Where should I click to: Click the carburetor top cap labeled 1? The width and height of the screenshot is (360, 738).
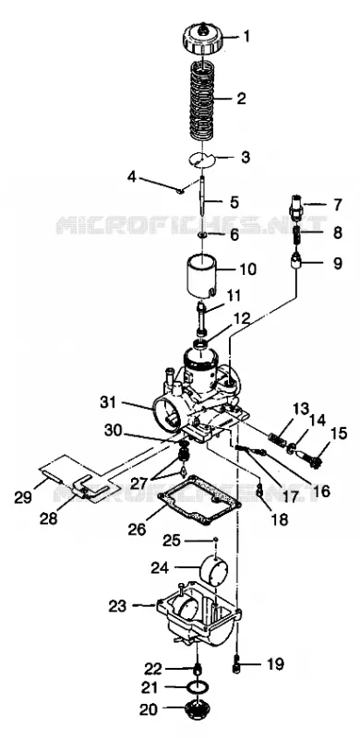point(202,39)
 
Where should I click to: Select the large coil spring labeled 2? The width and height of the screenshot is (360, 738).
point(203,101)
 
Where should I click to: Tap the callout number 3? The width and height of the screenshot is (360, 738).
point(245,157)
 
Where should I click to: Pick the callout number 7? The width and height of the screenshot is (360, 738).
point(337,205)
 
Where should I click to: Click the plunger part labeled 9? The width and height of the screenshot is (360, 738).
point(297,260)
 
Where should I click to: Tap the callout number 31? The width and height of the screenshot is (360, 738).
point(108,403)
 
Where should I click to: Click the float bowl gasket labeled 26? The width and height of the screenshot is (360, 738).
point(200,501)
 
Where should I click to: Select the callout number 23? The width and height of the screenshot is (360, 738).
point(117,606)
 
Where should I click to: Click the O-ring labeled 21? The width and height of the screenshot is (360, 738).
point(196,687)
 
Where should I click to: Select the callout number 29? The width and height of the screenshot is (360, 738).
point(23,498)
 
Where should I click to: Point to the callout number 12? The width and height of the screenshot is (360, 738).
point(241,317)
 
